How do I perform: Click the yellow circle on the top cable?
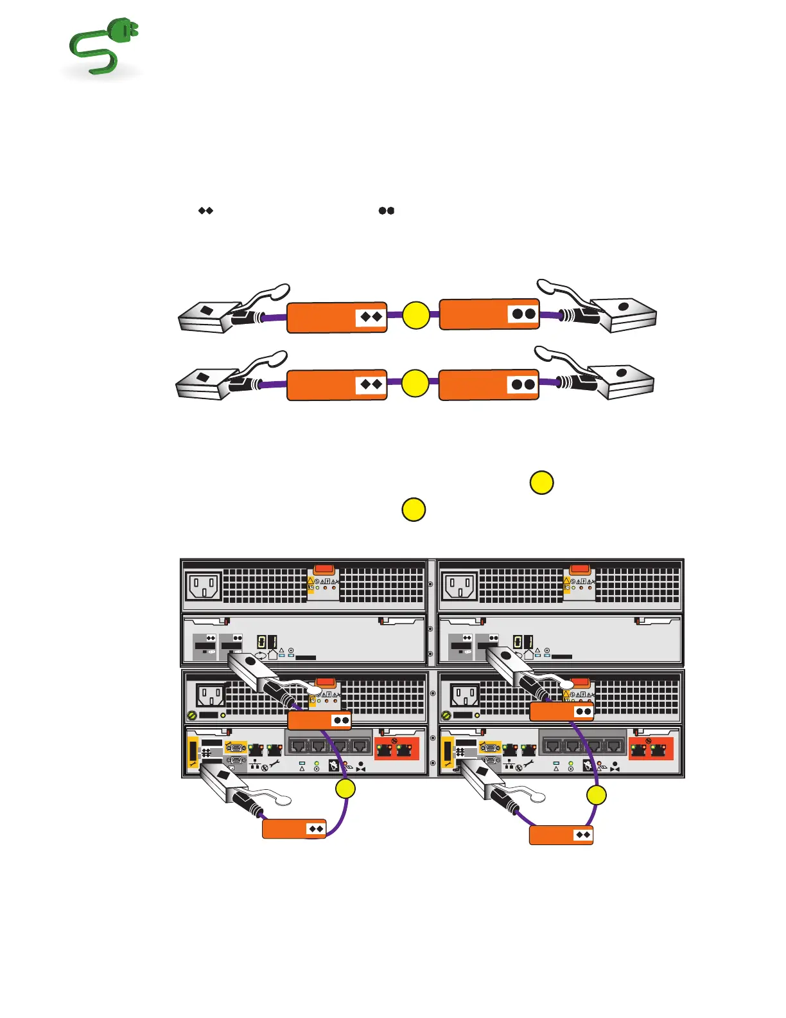tap(416, 316)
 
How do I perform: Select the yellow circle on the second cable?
tap(415, 384)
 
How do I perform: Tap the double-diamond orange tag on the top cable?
tap(337, 317)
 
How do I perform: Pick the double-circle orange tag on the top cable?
tap(489, 314)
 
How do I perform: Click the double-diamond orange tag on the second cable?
tap(337, 385)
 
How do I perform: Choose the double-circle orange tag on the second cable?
tap(489, 384)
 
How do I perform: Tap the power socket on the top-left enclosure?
tap(204, 587)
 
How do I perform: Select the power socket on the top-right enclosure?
tap(460, 587)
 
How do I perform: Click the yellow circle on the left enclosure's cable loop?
tap(345, 789)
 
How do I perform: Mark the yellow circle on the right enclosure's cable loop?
tap(597, 796)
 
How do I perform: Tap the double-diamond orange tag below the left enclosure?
tap(294, 829)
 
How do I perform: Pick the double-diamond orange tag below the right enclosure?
tap(561, 835)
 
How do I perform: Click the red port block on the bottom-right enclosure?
tap(651, 749)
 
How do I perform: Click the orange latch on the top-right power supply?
tap(579, 569)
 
